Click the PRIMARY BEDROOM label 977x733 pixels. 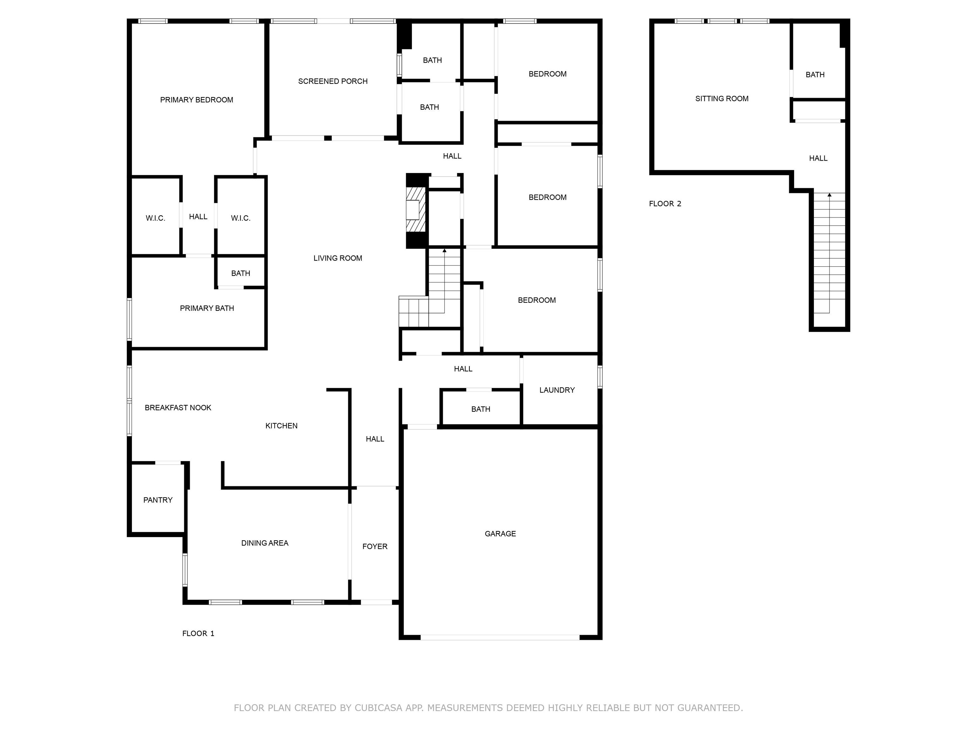[197, 100]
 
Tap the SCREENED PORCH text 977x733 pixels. [333, 81]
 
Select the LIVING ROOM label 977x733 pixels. [338, 258]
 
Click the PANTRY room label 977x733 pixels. [158, 500]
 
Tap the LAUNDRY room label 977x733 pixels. [557, 390]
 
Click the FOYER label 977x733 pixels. [375, 546]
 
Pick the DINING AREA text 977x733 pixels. [265, 543]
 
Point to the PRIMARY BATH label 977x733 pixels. [207, 308]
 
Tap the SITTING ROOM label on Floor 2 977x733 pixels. [722, 99]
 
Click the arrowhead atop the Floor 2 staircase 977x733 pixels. [829, 195]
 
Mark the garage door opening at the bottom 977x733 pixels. [500, 637]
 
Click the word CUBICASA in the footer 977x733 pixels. [378, 708]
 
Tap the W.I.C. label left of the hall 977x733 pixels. [156, 218]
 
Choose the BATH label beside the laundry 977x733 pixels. [481, 409]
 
